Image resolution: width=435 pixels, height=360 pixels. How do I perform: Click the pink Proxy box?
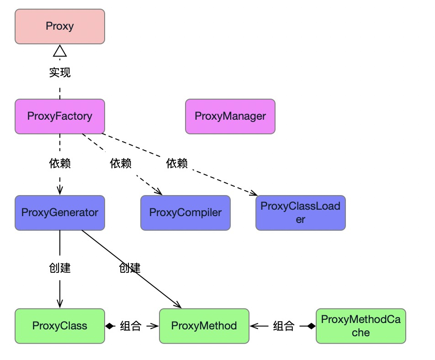[60, 26]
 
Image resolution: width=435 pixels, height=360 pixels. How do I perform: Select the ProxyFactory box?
[60, 116]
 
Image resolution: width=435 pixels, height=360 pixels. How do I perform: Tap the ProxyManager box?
[230, 116]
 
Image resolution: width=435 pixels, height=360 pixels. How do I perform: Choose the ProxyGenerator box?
[60, 212]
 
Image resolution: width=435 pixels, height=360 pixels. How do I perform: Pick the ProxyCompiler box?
[186, 212]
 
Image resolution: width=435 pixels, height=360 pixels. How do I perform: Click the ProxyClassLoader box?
[300, 212]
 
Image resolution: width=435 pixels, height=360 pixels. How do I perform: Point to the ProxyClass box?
[60, 326]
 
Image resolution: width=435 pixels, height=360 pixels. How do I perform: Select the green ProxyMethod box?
[204, 326]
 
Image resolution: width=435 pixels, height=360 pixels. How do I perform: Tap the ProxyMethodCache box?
[361, 326]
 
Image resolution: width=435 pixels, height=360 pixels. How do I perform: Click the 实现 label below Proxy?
[60, 72]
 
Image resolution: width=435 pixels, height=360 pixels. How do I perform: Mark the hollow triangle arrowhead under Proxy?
[60, 51]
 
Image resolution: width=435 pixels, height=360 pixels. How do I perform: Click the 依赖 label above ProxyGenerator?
[60, 163]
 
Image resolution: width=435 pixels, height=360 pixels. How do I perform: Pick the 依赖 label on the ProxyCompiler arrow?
[121, 163]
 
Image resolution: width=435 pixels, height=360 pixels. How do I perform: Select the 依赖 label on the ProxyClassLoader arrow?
[177, 163]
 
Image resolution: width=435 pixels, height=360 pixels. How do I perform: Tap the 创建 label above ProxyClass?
[60, 268]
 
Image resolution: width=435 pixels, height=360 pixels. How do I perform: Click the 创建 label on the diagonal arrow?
[129, 268]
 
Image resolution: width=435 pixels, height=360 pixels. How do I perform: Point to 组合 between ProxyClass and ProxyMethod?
[131, 326]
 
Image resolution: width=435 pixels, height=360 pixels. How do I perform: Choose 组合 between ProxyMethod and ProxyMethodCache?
[283, 326]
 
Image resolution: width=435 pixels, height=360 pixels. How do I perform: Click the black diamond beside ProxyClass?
[110, 326]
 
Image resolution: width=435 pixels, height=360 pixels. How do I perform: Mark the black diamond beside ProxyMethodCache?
[311, 326]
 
